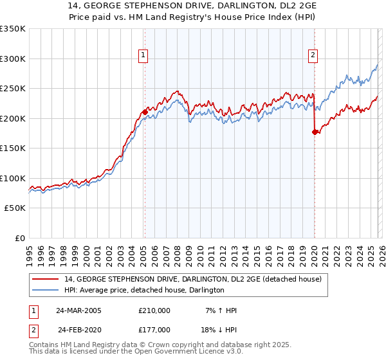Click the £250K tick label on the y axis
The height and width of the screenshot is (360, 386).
tap(13, 88)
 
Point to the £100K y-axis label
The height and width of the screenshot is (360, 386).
tap(13, 178)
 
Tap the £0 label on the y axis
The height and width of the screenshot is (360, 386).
tap(19, 239)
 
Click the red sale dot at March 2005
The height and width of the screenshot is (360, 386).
tap(145, 112)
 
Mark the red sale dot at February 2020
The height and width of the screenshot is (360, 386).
tap(315, 132)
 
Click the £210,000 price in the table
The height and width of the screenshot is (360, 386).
tap(154, 310)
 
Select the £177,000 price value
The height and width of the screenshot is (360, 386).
tap(154, 330)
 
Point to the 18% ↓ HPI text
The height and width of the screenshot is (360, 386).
tap(219, 330)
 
